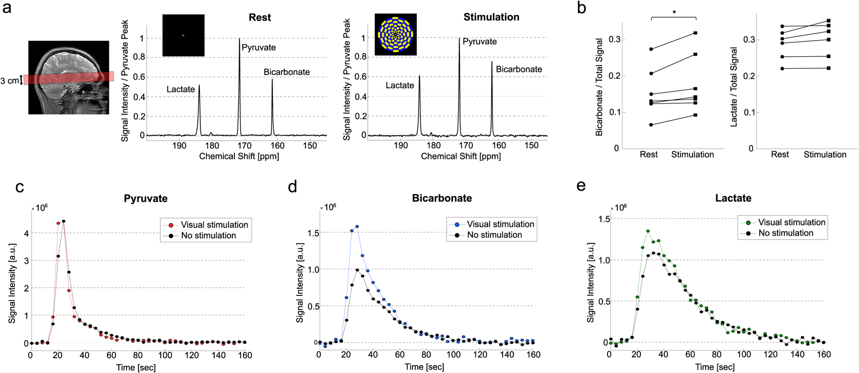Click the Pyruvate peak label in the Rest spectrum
click(259, 48)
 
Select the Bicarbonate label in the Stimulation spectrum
click(519, 70)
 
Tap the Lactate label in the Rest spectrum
click(180, 89)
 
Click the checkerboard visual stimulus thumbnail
click(396, 34)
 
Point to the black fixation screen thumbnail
click(183, 35)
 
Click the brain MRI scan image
click(69, 77)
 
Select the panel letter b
click(581, 8)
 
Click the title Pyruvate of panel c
click(146, 199)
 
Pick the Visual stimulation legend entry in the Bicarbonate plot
click(500, 224)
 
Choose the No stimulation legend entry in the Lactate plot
click(786, 233)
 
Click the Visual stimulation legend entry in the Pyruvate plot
click(214, 225)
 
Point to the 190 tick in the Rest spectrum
click(179, 146)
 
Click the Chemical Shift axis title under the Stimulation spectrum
click(461, 156)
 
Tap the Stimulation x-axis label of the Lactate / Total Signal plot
click(825, 155)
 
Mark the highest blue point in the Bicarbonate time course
click(357, 227)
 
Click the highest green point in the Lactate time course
click(648, 231)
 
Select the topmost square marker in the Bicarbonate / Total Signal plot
click(695, 33)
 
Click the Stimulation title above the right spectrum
click(491, 17)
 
